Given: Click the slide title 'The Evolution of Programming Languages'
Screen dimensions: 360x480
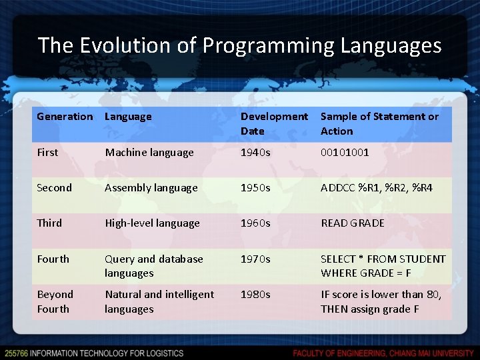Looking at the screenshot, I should pyautogui.click(x=239, y=45).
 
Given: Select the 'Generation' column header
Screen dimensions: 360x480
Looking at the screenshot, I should pyautogui.click(x=65, y=117).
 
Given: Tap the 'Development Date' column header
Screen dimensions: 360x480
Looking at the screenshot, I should pyautogui.click(x=274, y=124).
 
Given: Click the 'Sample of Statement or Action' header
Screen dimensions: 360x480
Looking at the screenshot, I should pyautogui.click(x=379, y=124).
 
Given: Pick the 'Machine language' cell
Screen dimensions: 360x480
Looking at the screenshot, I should pyautogui.click(x=149, y=153).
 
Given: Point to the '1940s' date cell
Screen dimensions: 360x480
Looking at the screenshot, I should pyautogui.click(x=255, y=153).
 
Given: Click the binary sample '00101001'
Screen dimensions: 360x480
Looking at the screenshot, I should pyautogui.click(x=345, y=153).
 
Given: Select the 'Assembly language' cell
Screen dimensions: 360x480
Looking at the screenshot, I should pyautogui.click(x=151, y=188).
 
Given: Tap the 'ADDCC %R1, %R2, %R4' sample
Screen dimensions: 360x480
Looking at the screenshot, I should pyautogui.click(x=376, y=188).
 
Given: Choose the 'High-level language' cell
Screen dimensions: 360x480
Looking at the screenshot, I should pyautogui.click(x=152, y=223).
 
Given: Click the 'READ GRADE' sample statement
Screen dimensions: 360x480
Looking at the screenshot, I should pyautogui.click(x=352, y=223).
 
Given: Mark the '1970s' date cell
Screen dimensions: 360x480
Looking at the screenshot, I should pyautogui.click(x=255, y=259).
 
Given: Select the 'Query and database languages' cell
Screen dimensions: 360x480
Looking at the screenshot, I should pyautogui.click(x=153, y=266).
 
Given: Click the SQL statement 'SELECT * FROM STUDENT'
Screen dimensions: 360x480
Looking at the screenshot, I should pyautogui.click(x=383, y=259).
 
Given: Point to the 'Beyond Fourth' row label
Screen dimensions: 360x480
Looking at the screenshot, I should pyautogui.click(x=55, y=301).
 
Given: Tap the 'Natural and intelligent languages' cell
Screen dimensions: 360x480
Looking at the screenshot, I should pyautogui.click(x=159, y=301).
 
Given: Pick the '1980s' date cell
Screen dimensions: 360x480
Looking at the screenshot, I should pyautogui.click(x=255, y=294).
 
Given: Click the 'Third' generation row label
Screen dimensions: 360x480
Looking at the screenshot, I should pyautogui.click(x=49, y=223).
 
